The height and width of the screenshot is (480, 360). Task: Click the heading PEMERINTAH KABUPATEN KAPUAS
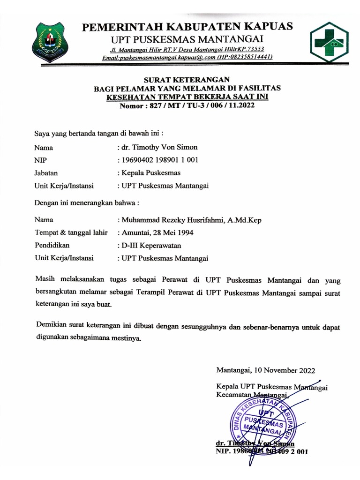pyautogui.click(x=187, y=27)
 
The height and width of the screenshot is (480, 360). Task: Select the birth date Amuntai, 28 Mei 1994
pyautogui.click(x=157, y=232)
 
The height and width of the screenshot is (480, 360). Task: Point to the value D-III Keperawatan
pyautogui.click(x=150, y=245)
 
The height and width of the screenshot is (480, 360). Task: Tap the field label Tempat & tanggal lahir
pyautogui.click(x=71, y=232)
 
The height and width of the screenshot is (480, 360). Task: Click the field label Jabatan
pyautogui.click(x=46, y=172)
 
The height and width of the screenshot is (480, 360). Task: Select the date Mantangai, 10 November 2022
pyautogui.click(x=265, y=370)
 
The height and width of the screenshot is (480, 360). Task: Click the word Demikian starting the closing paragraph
pyautogui.click(x=51, y=325)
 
